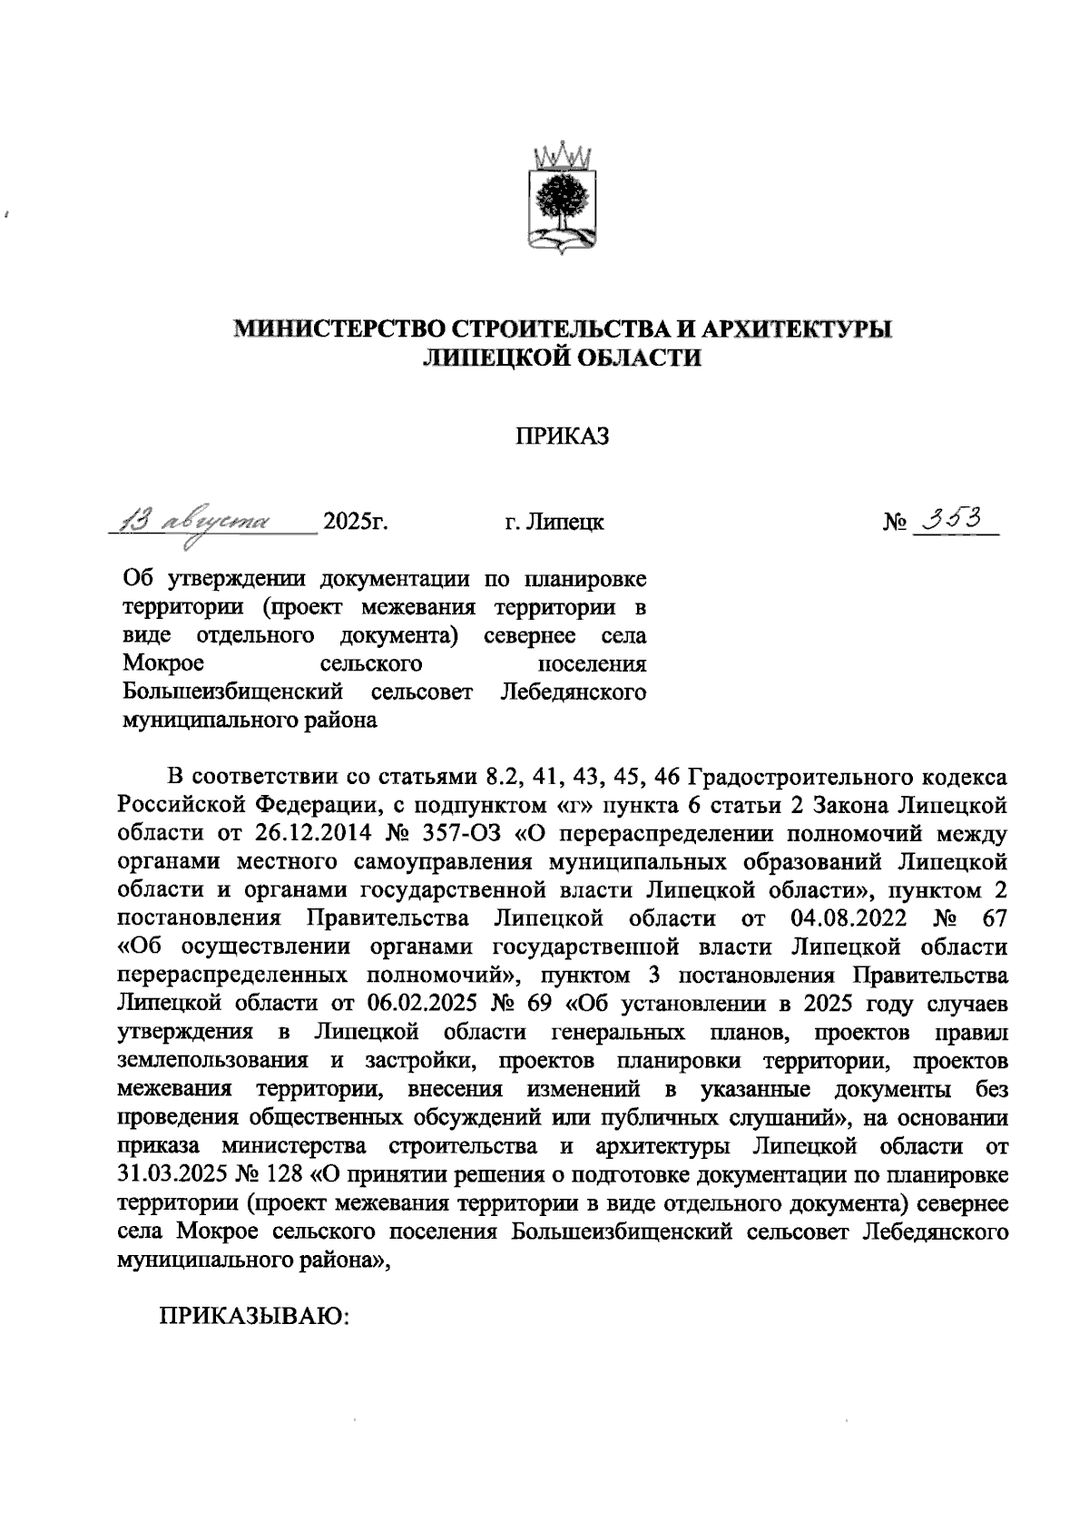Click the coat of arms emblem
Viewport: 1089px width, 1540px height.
click(563, 195)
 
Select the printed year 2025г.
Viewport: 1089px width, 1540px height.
click(356, 524)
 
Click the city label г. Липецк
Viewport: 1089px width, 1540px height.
click(554, 524)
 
